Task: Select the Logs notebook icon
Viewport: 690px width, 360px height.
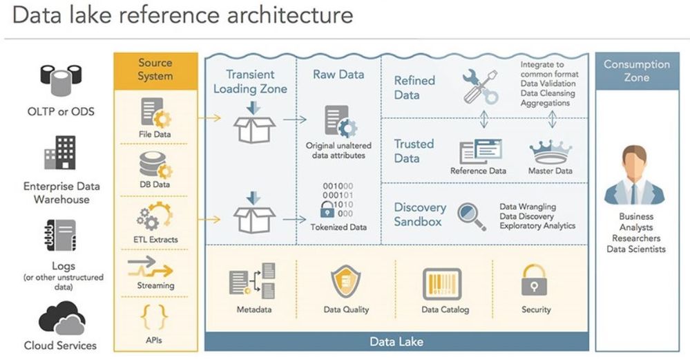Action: pyautogui.click(x=59, y=235)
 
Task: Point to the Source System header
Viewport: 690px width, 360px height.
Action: pyautogui.click(x=155, y=69)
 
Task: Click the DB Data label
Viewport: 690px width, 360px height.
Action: pyautogui.click(x=155, y=184)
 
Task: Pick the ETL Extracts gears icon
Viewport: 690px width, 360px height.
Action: pyautogui.click(x=155, y=216)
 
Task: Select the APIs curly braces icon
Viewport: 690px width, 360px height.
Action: pyautogui.click(x=155, y=316)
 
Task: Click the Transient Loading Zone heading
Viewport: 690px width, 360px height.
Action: pyautogui.click(x=249, y=82)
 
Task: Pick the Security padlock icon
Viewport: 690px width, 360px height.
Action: pyautogui.click(x=535, y=281)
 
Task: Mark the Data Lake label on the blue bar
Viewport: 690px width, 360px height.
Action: pyautogui.click(x=396, y=341)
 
